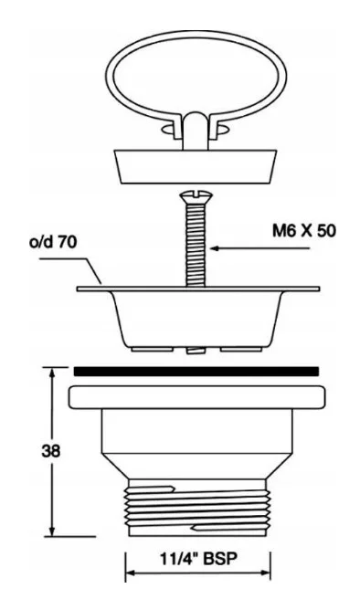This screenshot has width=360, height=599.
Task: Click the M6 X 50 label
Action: pyautogui.click(x=304, y=231)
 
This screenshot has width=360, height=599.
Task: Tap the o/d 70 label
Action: pyautogui.click(x=53, y=242)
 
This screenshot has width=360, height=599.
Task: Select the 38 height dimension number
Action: pyautogui.click(x=51, y=451)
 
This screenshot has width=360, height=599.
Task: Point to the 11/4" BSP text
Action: pyautogui.click(x=198, y=559)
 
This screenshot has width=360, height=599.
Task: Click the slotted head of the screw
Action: pyautogui.click(x=196, y=197)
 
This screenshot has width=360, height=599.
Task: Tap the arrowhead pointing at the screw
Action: pyautogui.click(x=215, y=248)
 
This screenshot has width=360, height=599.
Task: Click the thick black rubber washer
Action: pyautogui.click(x=196, y=372)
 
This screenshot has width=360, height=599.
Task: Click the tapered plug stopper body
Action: pyautogui.click(x=196, y=166)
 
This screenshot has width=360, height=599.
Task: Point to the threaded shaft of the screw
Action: pyautogui.click(x=196, y=245)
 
